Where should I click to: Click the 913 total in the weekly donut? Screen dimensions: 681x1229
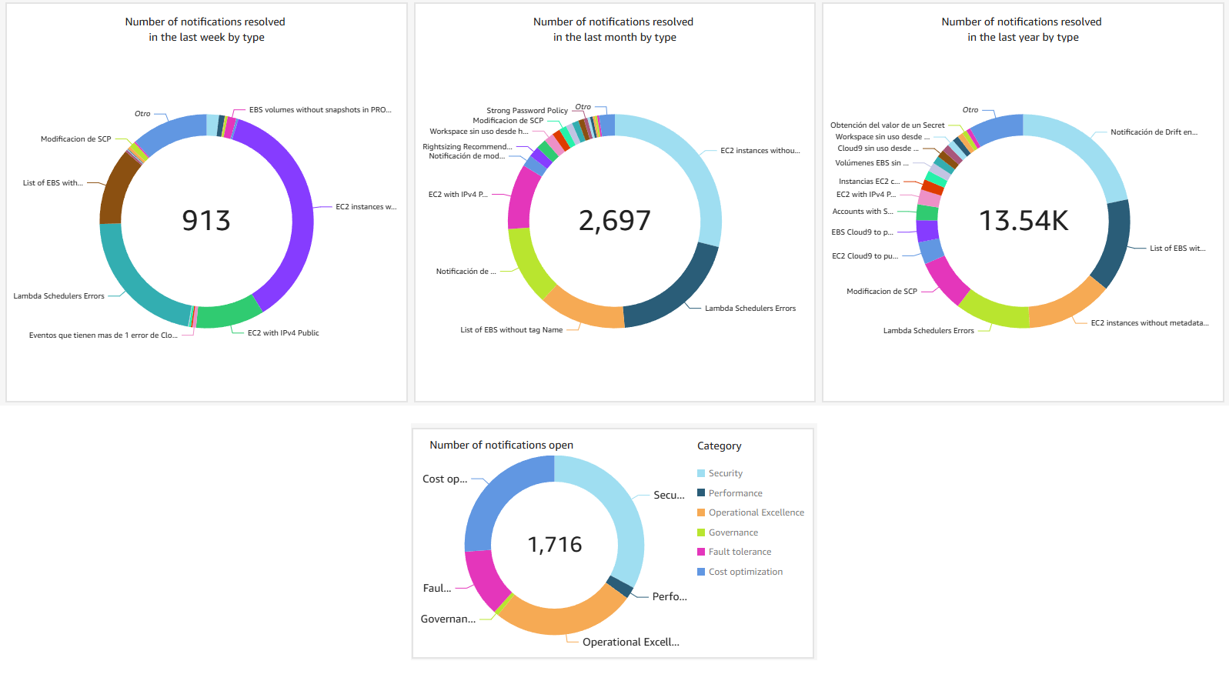click(206, 221)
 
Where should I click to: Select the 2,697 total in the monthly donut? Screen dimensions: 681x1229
click(614, 221)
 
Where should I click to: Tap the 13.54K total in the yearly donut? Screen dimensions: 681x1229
click(1023, 221)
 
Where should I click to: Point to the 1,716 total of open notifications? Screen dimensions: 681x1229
click(554, 545)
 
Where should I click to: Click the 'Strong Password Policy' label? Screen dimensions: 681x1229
click(527, 111)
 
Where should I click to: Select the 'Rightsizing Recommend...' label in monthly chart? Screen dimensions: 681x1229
click(467, 147)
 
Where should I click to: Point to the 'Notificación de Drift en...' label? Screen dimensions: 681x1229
click(1154, 132)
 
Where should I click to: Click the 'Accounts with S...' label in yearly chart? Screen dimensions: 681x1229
click(863, 212)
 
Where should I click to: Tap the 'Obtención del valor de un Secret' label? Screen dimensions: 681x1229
click(887, 125)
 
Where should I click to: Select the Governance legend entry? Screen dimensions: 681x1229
click(733, 532)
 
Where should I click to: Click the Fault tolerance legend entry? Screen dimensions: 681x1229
click(739, 552)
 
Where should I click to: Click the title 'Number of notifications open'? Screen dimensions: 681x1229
click(501, 446)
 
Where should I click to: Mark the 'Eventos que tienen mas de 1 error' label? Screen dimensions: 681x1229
click(103, 335)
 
